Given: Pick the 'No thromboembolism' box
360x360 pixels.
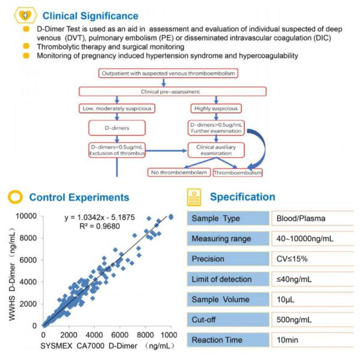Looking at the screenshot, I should coord(179,173).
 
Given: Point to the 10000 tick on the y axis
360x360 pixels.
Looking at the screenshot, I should coord(25,216).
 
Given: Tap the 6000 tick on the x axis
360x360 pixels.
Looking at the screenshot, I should coord(119,334).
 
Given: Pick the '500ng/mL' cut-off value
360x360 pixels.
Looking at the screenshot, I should coord(294,319).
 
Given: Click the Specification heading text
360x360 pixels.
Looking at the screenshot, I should coord(242,197).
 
